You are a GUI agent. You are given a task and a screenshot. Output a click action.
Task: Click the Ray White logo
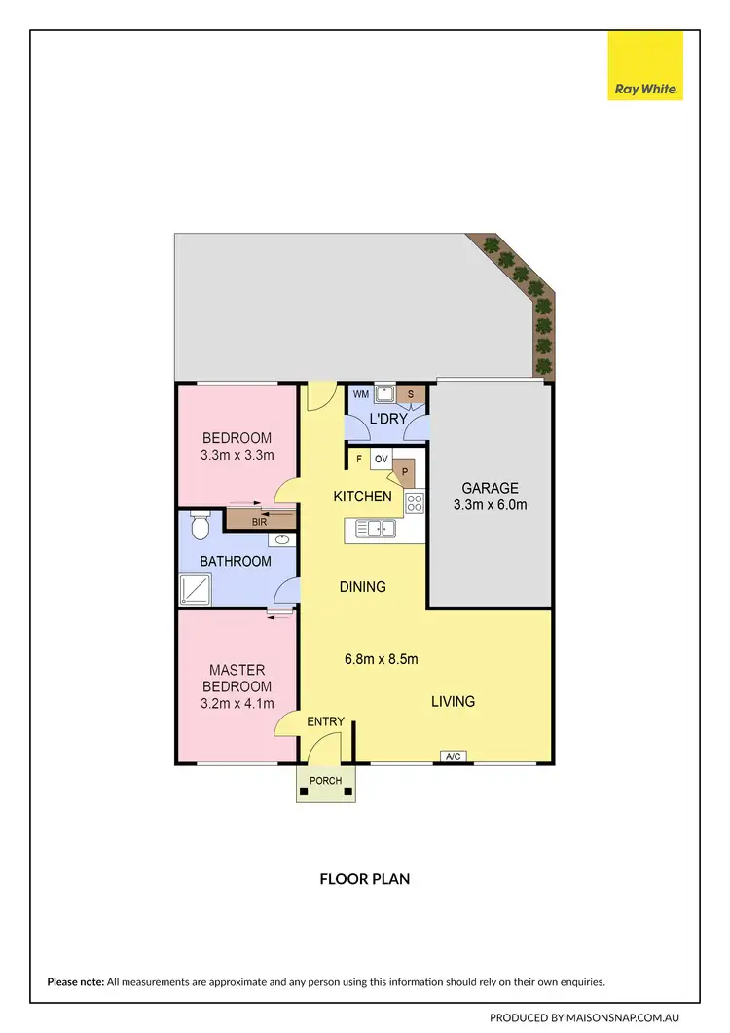point(645,65)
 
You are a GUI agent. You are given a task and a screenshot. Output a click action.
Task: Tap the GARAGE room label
point(490,488)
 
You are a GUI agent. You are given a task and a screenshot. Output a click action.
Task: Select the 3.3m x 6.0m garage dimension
point(490,505)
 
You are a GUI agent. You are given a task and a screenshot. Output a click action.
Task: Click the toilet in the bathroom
point(201,527)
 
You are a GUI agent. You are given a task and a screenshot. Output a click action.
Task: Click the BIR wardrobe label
point(259,523)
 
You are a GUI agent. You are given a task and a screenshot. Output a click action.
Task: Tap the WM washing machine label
point(360,394)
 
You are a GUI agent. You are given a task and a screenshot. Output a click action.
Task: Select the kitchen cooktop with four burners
point(415,503)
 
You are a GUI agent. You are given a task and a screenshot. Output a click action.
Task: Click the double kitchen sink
point(375,529)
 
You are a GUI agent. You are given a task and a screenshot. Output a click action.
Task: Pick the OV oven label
point(381,459)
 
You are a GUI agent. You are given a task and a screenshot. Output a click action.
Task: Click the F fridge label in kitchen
point(359,459)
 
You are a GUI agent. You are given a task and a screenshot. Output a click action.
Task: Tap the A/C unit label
point(453,756)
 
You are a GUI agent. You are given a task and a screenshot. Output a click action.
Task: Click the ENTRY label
point(325,721)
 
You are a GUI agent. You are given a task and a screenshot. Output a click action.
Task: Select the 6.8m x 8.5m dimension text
point(381,659)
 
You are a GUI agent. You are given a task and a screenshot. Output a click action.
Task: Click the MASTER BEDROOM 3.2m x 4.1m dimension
point(237,704)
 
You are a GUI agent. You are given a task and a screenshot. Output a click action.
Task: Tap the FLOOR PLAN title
point(365,879)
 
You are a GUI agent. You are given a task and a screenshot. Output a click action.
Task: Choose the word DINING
point(362,587)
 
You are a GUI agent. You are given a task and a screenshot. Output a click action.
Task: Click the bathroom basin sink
point(283,538)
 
